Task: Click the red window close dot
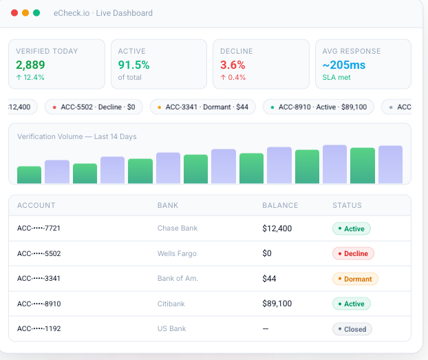point(14,13)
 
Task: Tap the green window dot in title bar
point(36,13)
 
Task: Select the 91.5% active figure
point(133,65)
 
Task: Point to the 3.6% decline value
point(233,65)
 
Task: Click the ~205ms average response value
point(344,65)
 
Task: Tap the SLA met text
point(337,77)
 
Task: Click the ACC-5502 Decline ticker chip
point(94,107)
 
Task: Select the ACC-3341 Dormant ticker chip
point(202,107)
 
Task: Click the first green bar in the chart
point(30,175)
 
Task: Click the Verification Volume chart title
point(77,136)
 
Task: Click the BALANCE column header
point(280,205)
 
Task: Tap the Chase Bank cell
point(178,229)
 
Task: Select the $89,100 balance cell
point(277,304)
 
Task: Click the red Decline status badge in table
point(353,253)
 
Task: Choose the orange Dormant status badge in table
point(355,279)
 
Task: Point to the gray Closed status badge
point(352,329)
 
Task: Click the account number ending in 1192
point(39,329)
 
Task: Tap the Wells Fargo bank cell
point(177,253)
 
